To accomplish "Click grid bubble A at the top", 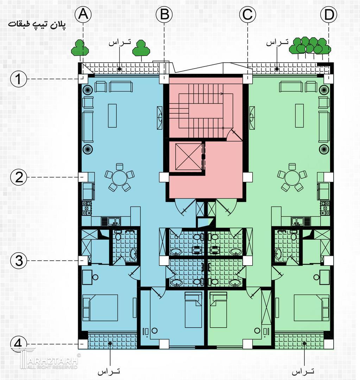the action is coord(83,14).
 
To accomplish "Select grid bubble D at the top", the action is coord(329,14).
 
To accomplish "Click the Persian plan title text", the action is coord(37,25).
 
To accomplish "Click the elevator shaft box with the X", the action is coord(189,157).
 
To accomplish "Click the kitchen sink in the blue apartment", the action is coord(114,221).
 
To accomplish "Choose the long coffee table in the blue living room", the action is coord(112,116).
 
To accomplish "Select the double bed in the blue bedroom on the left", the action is coord(100,308).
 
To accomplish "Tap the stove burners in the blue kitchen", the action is coord(87,208).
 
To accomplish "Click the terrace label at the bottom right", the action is coord(303,371).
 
